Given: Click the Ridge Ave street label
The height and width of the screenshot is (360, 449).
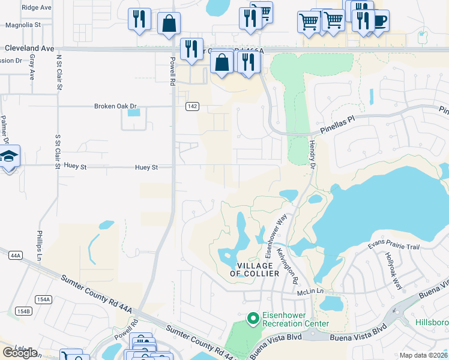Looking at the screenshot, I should pyautogui.click(x=37, y=7).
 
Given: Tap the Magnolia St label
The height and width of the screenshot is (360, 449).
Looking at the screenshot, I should pyautogui.click(x=23, y=25).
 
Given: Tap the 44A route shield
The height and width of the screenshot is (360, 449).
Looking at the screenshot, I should pyautogui.click(x=16, y=256).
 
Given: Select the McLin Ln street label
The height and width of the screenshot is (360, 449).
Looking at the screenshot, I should pyautogui.click(x=310, y=292).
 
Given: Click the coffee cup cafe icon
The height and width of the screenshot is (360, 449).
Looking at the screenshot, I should pyautogui.click(x=379, y=21).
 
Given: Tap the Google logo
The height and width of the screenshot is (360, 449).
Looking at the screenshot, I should pyautogui.click(x=20, y=353).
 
